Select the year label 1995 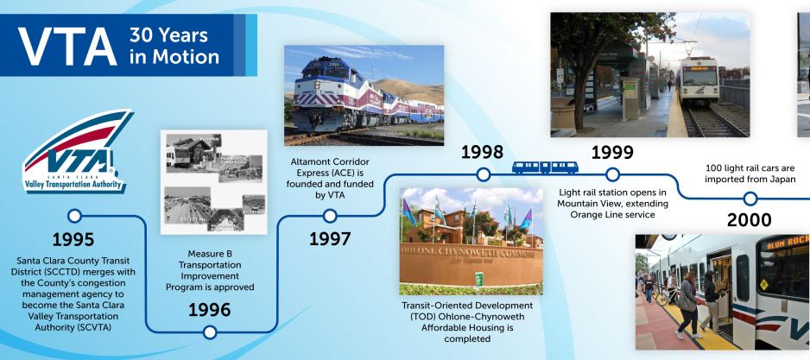tap(74, 237)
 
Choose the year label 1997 tap(329, 238)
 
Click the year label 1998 tap(484, 152)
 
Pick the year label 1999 tap(612, 152)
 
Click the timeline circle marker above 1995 tap(74, 216)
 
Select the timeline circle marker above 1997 tap(329, 216)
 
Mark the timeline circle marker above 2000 tap(750, 199)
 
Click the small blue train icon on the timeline tap(545, 167)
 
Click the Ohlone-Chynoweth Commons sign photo tap(471, 242)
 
